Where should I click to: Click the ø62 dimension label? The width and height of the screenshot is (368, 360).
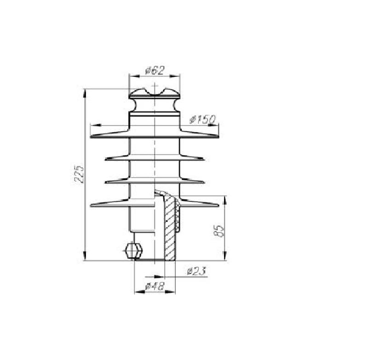155,70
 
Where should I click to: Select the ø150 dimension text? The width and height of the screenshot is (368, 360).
202,120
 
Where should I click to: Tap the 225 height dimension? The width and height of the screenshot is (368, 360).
79,174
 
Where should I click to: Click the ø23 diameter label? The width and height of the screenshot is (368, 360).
197,271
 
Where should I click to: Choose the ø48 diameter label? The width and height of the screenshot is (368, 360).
155,286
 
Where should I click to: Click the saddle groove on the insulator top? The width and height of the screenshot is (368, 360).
155,93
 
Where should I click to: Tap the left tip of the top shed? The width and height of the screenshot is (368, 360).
91,136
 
